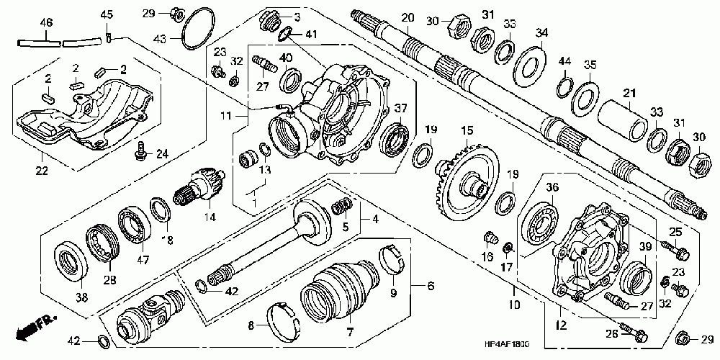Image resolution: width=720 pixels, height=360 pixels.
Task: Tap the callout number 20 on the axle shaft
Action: pyautogui.click(x=408, y=17)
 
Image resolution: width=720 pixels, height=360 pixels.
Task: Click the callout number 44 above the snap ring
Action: pyautogui.click(x=566, y=60)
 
